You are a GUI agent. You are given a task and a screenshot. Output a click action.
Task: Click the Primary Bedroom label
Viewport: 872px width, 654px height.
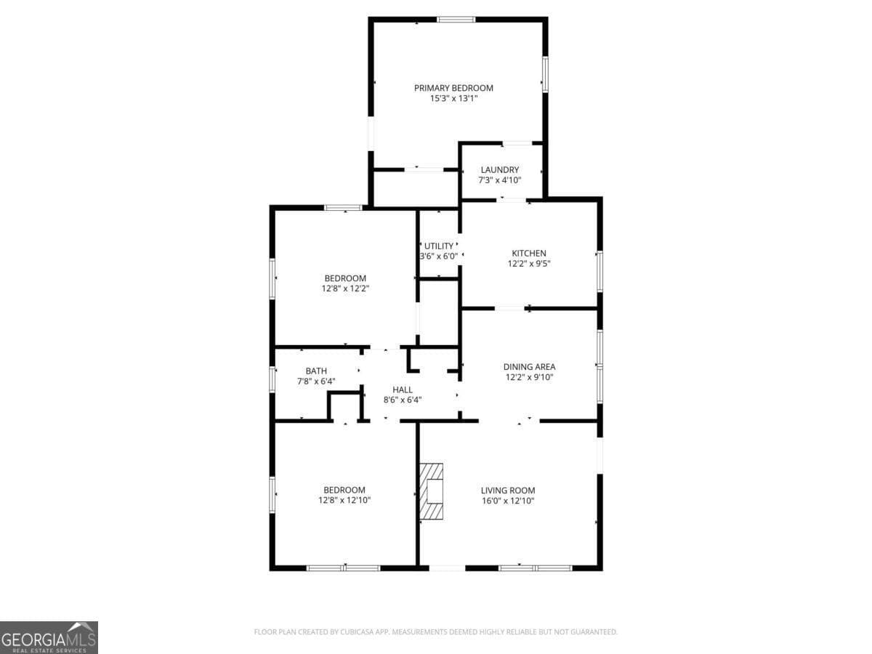pyautogui.click(x=453, y=88)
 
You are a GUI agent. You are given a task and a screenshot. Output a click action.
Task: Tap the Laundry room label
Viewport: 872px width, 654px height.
pyautogui.click(x=500, y=170)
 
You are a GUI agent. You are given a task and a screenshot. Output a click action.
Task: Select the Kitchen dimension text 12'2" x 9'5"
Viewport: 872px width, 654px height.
pyautogui.click(x=529, y=264)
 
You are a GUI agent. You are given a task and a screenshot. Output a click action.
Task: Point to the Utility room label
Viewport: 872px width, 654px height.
pyautogui.click(x=439, y=246)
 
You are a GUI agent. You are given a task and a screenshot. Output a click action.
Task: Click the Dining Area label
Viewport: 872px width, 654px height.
pyautogui.click(x=529, y=367)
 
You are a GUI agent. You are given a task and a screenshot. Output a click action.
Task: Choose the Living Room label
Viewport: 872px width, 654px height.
pyautogui.click(x=508, y=490)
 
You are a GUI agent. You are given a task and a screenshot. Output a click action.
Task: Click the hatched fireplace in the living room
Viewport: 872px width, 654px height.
pyautogui.click(x=432, y=491)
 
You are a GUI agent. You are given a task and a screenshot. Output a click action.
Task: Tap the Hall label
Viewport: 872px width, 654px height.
pyautogui.click(x=403, y=390)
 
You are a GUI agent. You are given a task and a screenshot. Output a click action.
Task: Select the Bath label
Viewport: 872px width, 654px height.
pyautogui.click(x=316, y=371)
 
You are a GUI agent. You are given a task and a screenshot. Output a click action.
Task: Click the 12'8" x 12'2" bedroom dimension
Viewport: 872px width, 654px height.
pyautogui.click(x=345, y=288)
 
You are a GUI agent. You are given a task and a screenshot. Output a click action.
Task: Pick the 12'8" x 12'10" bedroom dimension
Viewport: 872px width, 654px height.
pyautogui.click(x=344, y=501)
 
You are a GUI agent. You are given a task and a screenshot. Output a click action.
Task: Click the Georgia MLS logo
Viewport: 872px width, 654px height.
pyautogui.click(x=49, y=638)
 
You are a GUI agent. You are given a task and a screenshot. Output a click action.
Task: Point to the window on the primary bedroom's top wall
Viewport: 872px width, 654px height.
pyautogui.click(x=456, y=20)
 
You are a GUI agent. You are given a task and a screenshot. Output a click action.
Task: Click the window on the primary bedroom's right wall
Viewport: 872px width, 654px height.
pyautogui.click(x=546, y=74)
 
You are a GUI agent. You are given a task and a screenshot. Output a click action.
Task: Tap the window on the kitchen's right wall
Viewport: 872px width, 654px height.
pyautogui.click(x=600, y=272)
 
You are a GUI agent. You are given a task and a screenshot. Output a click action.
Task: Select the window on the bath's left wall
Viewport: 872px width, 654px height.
pyautogui.click(x=272, y=380)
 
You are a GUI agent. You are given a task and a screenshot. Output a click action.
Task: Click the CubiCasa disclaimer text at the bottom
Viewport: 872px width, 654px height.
pyautogui.click(x=435, y=631)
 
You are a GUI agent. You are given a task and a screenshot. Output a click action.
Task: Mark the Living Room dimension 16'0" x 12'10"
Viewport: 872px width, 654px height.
pyautogui.click(x=508, y=501)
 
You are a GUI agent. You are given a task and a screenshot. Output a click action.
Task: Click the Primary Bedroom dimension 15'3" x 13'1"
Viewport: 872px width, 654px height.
pyautogui.click(x=453, y=99)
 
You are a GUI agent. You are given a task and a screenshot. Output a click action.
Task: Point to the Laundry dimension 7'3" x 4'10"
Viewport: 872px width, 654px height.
pyautogui.click(x=500, y=180)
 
